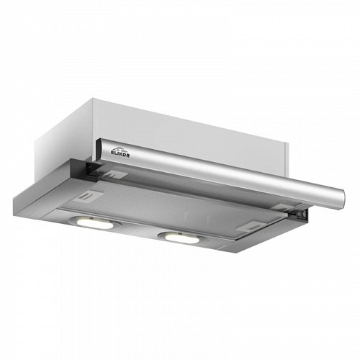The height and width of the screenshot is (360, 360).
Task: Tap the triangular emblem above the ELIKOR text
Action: click(119, 149)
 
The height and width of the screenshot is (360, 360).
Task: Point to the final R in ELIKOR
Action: click(128, 156)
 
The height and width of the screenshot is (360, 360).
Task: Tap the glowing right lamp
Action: click(182, 238)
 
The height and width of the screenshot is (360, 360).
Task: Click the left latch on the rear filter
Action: click(116, 174)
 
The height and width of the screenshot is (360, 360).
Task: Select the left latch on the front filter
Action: click(89, 196)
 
